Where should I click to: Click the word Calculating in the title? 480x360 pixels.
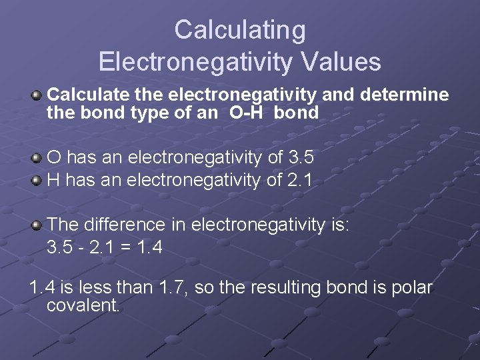tap(240, 30)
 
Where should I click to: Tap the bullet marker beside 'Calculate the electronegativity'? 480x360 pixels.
tap(37, 96)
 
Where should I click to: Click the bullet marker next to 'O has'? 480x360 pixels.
tap(37, 159)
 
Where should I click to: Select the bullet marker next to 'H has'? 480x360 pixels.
tap(37, 179)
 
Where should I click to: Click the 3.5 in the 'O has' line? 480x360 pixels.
tap(302, 158)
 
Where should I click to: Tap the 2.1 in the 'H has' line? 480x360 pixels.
tap(301, 179)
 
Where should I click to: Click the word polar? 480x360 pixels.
tap(411, 288)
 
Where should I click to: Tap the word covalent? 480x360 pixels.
tap(83, 306)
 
